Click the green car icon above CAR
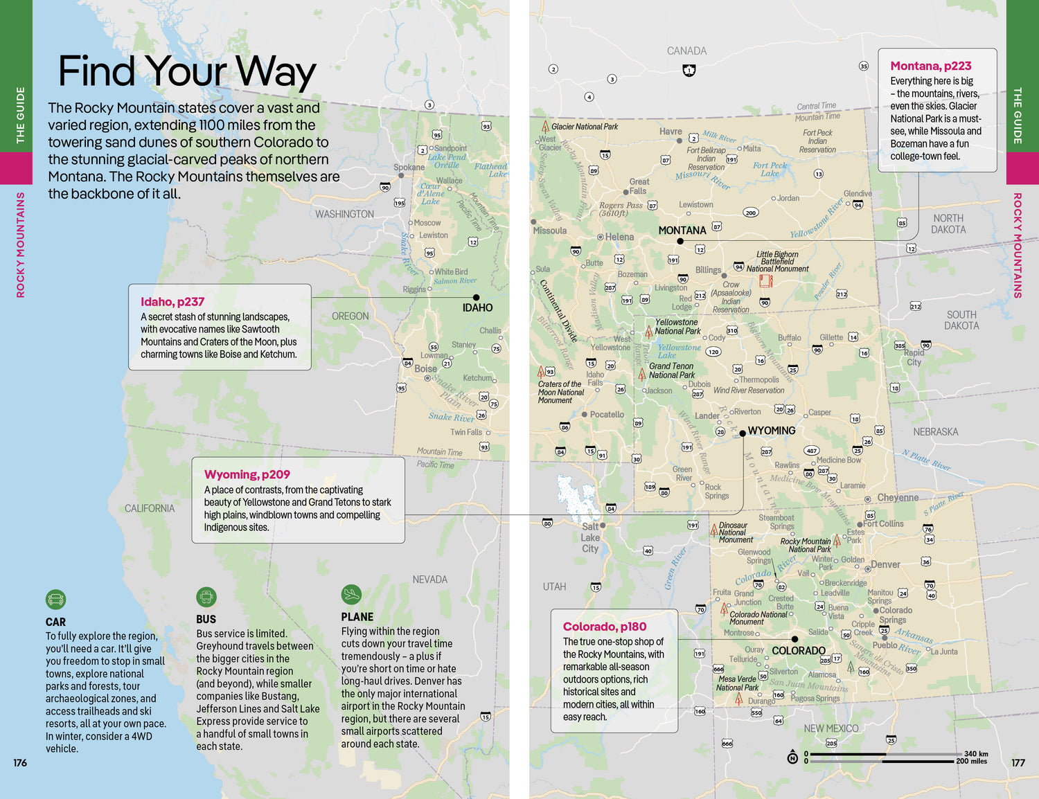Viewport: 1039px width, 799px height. pos(55,599)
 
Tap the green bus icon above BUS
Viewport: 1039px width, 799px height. pos(206,597)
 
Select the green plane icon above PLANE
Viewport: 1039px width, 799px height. pos(351,594)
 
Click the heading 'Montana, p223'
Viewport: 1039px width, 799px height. pos(930,66)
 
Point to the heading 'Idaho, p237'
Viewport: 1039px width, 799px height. pos(172,302)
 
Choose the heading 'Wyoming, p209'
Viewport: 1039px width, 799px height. pos(247,474)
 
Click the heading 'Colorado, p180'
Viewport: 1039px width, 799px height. pos(604,627)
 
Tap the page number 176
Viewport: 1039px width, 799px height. pos(20,762)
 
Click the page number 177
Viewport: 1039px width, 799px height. pos(1018,762)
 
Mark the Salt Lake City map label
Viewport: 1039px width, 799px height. pos(590,537)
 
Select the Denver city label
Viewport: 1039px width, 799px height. pos(885,564)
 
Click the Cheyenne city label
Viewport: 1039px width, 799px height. pos(898,497)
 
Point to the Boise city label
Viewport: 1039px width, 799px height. pos(425,368)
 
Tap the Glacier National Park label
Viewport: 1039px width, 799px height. pos(584,127)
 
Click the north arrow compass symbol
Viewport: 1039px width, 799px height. pos(792,757)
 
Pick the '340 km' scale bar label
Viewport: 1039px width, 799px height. pos(976,753)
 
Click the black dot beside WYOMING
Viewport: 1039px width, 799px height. pos(743,433)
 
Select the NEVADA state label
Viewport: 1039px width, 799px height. pos(429,580)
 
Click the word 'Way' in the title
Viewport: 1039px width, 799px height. pos(275,71)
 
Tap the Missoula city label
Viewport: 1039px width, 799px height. pos(550,231)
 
